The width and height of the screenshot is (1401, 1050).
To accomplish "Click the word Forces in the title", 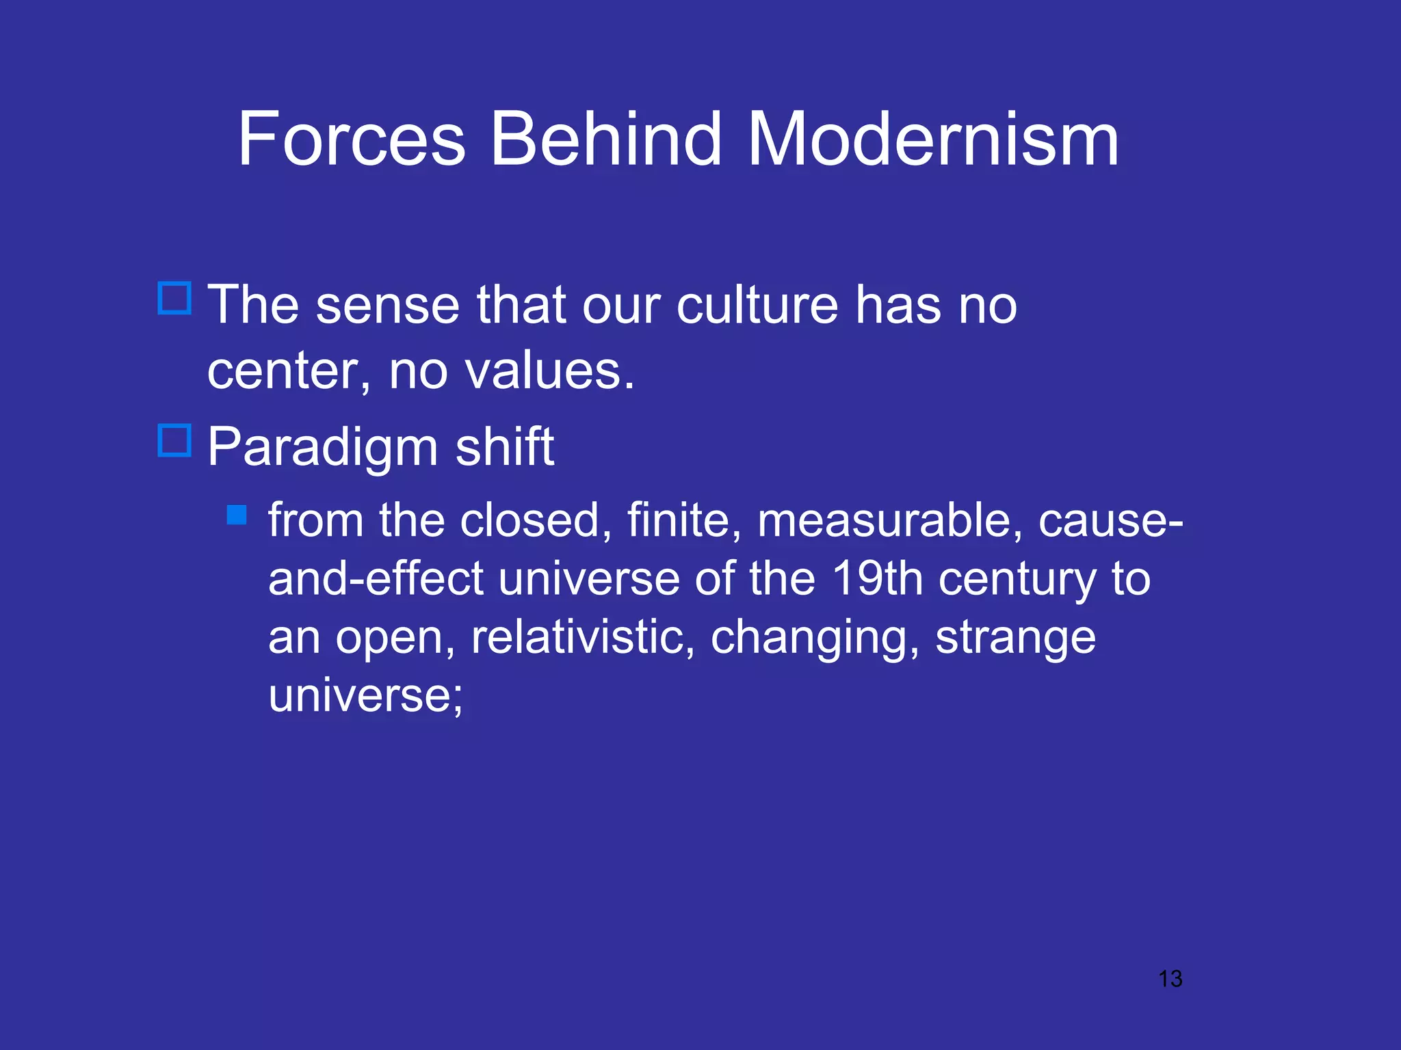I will (352, 139).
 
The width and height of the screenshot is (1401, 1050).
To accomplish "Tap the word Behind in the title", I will (606, 139).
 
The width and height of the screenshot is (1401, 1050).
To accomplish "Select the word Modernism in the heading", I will (933, 139).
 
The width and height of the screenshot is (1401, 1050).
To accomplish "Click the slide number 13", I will (1170, 979).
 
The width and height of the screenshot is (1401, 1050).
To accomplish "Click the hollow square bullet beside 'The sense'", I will (174, 298).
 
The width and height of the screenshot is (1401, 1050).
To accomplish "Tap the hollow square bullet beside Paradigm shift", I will (174, 440).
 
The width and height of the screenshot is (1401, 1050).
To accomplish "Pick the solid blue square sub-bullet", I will (237, 515).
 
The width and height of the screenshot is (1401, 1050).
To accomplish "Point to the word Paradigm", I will (322, 447).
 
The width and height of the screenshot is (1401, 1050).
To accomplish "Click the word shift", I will (505, 447).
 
